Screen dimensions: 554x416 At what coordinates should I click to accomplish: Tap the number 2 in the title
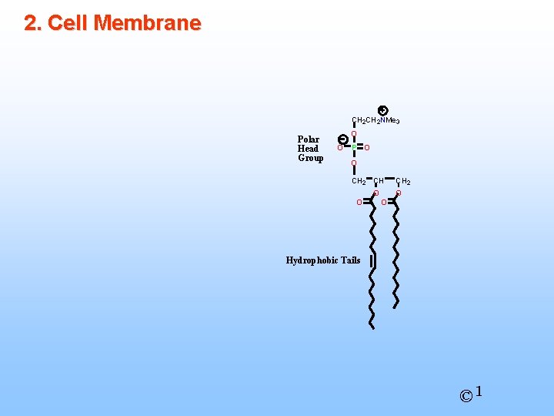[x=31, y=23]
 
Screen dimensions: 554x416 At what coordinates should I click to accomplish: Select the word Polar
[x=309, y=139]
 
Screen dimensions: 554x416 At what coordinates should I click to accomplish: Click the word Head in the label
[x=308, y=149]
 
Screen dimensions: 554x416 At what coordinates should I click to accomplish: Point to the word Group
[x=310, y=158]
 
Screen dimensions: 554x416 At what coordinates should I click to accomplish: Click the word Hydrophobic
[x=311, y=260]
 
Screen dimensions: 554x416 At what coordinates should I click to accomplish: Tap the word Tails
[x=349, y=260]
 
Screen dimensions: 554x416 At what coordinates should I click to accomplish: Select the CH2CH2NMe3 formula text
[x=375, y=121]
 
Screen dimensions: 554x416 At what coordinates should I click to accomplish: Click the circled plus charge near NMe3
[x=383, y=111]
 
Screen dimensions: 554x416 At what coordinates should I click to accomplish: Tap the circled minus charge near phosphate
[x=343, y=139]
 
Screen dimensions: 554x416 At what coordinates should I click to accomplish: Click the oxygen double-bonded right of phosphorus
[x=368, y=147]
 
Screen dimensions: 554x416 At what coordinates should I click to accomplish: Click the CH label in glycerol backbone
[x=379, y=181]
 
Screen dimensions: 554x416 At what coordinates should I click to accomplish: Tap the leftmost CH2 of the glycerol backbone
[x=359, y=181]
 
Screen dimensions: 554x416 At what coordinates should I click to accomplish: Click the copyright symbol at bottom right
[x=466, y=396]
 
